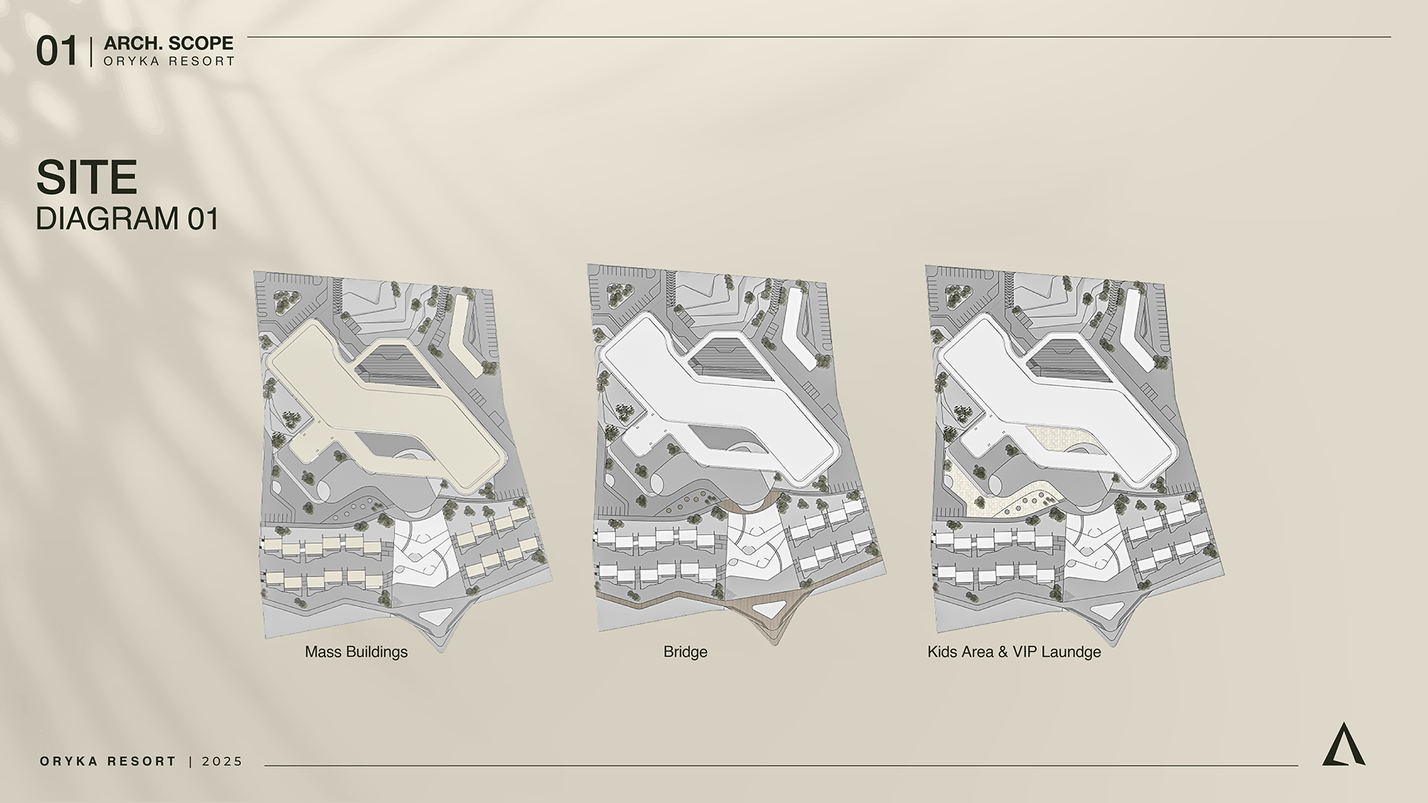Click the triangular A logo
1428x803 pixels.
[1343, 744]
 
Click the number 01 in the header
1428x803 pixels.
[57, 52]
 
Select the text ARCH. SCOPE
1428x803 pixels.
[169, 44]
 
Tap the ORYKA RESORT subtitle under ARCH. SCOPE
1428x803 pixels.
[169, 62]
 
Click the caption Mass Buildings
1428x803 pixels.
[356, 652]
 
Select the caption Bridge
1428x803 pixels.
[685, 652]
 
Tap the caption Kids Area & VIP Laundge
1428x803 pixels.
[1014, 652]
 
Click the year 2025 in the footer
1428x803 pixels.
[222, 761]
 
